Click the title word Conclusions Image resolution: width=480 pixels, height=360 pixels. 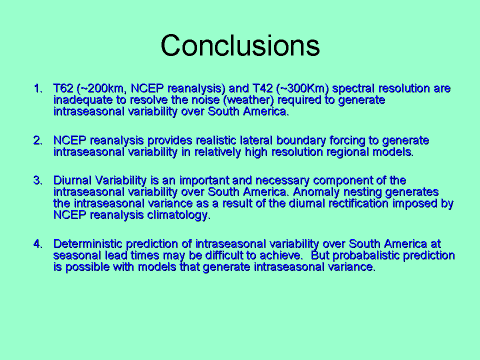click(x=240, y=45)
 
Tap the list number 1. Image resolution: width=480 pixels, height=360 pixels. click(x=38, y=88)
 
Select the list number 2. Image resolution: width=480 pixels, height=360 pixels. click(x=38, y=140)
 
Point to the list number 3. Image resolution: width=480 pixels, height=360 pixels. click(x=38, y=180)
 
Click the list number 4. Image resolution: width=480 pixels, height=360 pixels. click(x=38, y=244)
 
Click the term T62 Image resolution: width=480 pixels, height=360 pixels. click(x=63, y=88)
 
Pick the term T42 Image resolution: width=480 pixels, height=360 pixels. click(x=262, y=88)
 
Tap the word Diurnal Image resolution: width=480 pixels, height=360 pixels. click(x=72, y=180)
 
